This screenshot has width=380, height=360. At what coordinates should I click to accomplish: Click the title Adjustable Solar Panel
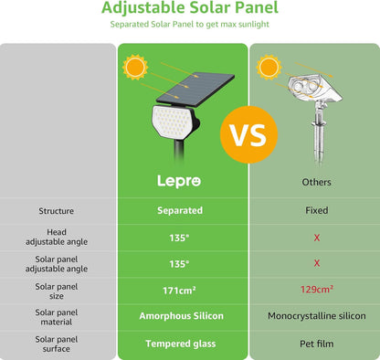click(x=190, y=9)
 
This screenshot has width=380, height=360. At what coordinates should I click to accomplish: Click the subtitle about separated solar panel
click(x=190, y=25)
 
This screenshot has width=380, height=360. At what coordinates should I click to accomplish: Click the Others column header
click(x=316, y=183)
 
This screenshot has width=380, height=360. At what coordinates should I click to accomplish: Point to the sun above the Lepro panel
click(x=136, y=67)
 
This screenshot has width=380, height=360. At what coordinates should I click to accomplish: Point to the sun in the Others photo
click(x=269, y=67)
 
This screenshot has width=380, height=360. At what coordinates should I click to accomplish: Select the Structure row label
click(x=57, y=210)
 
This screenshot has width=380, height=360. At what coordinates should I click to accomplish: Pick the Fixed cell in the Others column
click(x=316, y=210)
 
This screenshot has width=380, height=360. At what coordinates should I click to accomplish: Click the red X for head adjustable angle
click(x=316, y=237)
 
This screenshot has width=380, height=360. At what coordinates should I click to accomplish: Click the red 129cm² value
click(x=316, y=290)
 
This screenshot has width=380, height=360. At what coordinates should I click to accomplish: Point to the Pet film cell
click(x=316, y=344)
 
